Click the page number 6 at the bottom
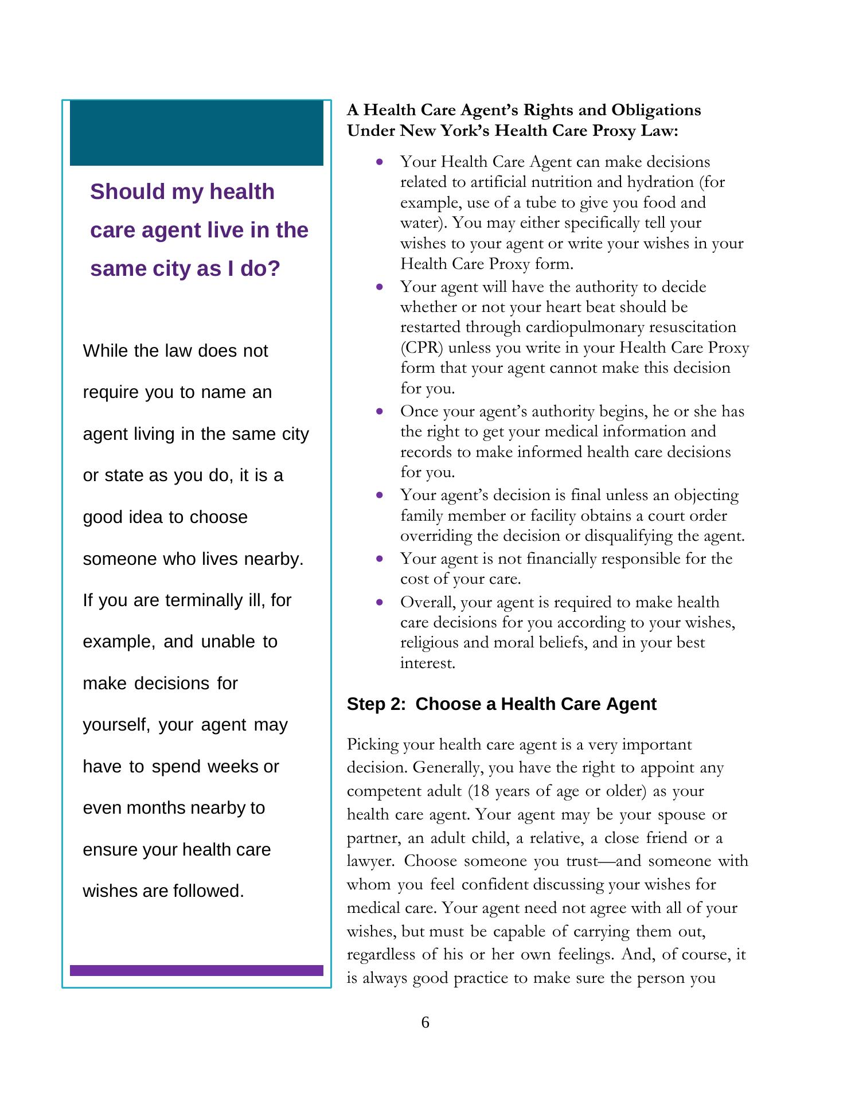point(425,1022)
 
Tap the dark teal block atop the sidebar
point(196,133)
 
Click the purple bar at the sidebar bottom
point(196,970)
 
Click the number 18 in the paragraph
point(481,791)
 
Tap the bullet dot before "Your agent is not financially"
point(380,559)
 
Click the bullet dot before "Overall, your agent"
point(380,602)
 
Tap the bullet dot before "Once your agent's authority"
point(380,411)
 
